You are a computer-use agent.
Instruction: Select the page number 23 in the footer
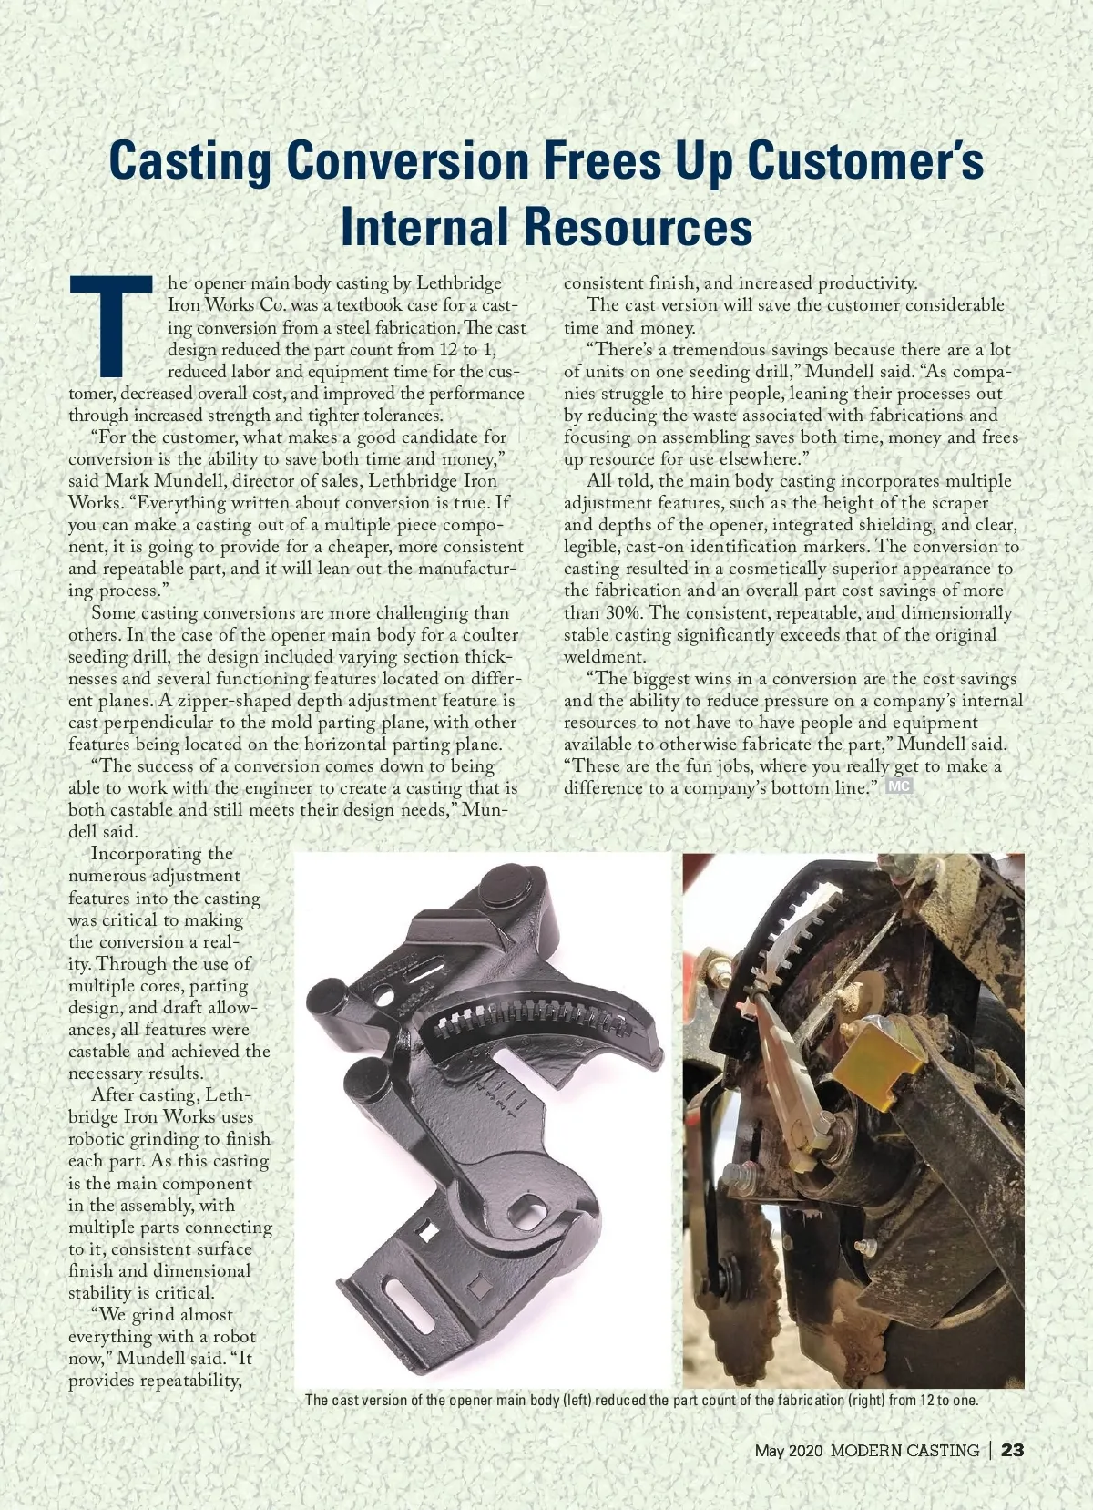pyautogui.click(x=1013, y=1450)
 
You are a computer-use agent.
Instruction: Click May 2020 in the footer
pyautogui.click(x=788, y=1451)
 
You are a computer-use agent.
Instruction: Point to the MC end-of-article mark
pyautogui.click(x=900, y=787)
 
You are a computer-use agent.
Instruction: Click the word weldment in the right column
pyautogui.click(x=604, y=657)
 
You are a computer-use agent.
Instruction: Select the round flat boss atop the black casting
pyautogui.click(x=502, y=883)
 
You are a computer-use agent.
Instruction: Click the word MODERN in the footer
pyautogui.click(x=865, y=1451)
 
